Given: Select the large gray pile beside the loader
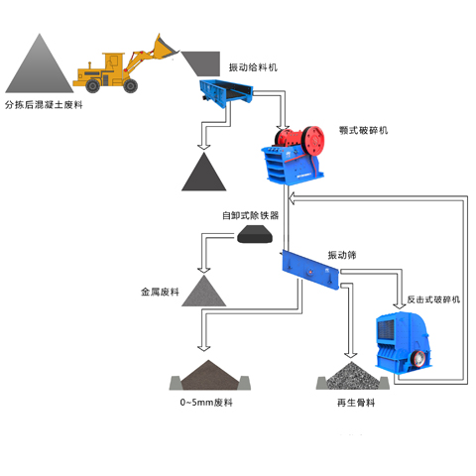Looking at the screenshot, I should pyautogui.click(x=42, y=64).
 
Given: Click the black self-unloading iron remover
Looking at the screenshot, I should pyautogui.click(x=257, y=235).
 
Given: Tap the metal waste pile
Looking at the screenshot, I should pyautogui.click(x=204, y=291).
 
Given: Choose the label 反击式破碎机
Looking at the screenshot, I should pyautogui.click(x=433, y=298).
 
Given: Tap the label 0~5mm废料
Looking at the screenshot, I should pyautogui.click(x=205, y=404).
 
